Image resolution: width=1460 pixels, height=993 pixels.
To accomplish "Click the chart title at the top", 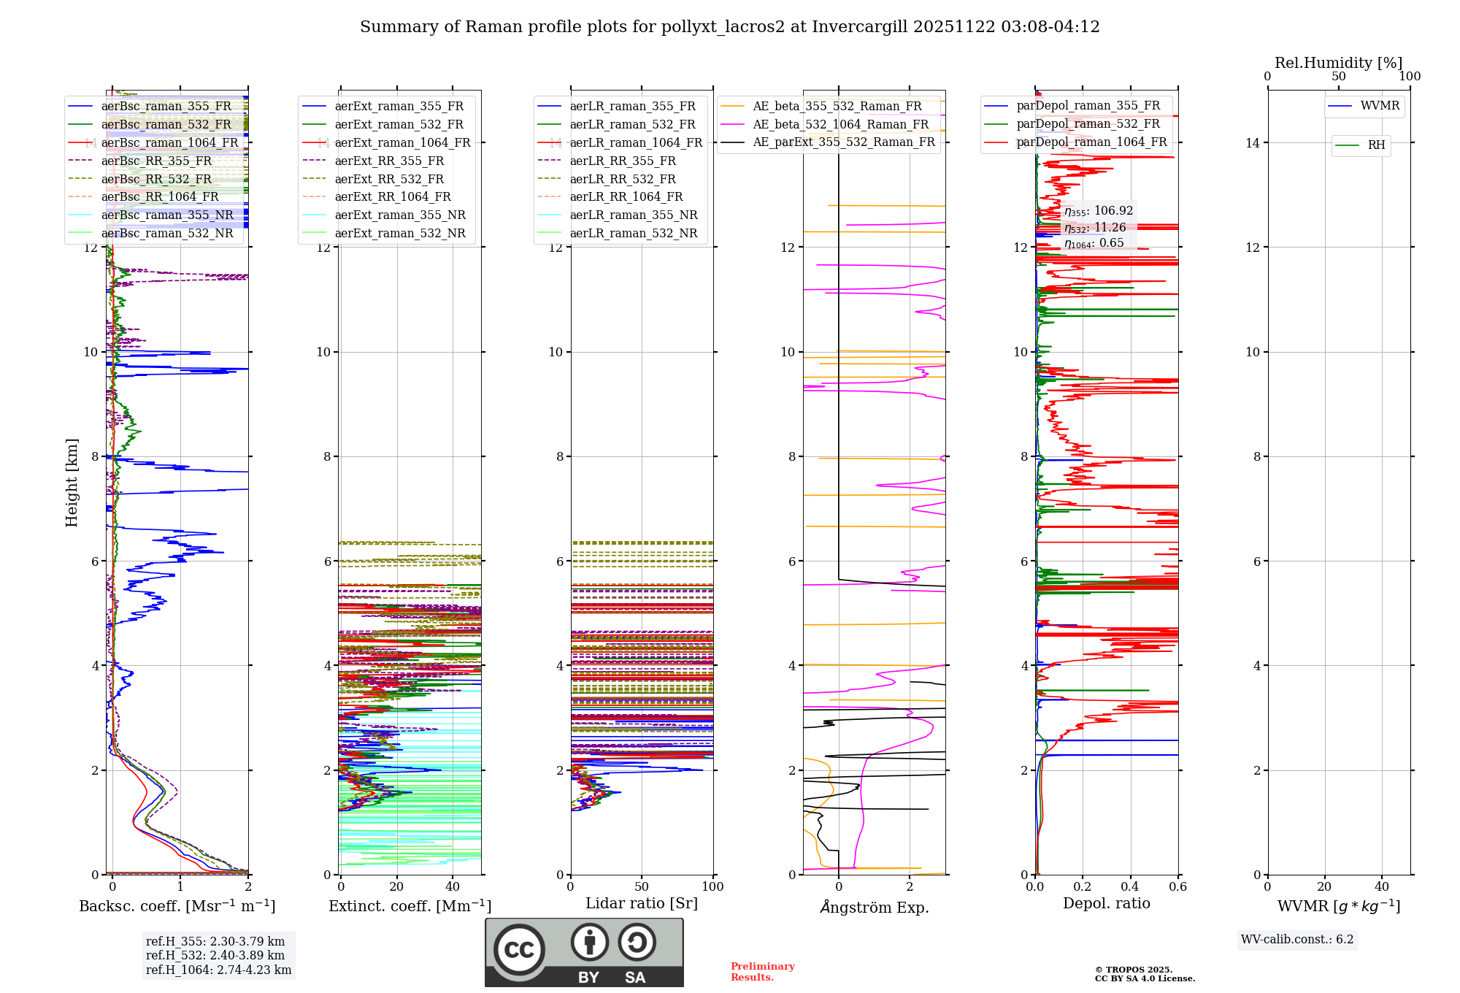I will (x=729, y=27).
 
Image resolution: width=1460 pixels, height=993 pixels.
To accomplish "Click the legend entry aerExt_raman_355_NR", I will (x=399, y=215).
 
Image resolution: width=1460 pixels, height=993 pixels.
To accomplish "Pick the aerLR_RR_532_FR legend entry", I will (x=622, y=179).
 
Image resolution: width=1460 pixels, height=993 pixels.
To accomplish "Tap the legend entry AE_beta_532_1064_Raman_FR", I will (x=840, y=124).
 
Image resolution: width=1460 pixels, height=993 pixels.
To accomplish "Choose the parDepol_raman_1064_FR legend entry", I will (x=1091, y=142).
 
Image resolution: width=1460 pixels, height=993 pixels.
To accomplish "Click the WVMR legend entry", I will (x=1380, y=106).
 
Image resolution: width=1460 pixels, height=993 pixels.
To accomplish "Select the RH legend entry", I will (x=1376, y=145).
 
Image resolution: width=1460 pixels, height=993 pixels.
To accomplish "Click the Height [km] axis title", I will (x=72, y=483).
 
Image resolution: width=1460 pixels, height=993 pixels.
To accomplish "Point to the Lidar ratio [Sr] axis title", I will (x=641, y=903).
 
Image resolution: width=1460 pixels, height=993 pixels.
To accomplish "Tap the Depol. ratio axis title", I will (x=1106, y=903).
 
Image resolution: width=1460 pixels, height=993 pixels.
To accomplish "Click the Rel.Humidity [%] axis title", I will (x=1338, y=63).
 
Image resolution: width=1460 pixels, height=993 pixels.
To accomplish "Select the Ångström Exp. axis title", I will (x=874, y=907).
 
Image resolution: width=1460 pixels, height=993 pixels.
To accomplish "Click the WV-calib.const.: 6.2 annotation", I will (x=1296, y=940).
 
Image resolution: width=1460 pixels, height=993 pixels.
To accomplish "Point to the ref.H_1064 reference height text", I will (x=218, y=970).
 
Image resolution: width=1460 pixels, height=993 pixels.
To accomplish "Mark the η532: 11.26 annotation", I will (x=1094, y=228).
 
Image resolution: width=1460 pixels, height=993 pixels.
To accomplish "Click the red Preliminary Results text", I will (x=762, y=972).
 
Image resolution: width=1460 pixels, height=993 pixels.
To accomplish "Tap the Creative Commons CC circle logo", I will (x=519, y=950).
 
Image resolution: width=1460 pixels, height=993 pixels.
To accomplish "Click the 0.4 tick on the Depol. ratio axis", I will (x=1130, y=887).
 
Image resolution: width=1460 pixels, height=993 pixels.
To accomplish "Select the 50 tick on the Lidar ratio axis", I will (x=642, y=887).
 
